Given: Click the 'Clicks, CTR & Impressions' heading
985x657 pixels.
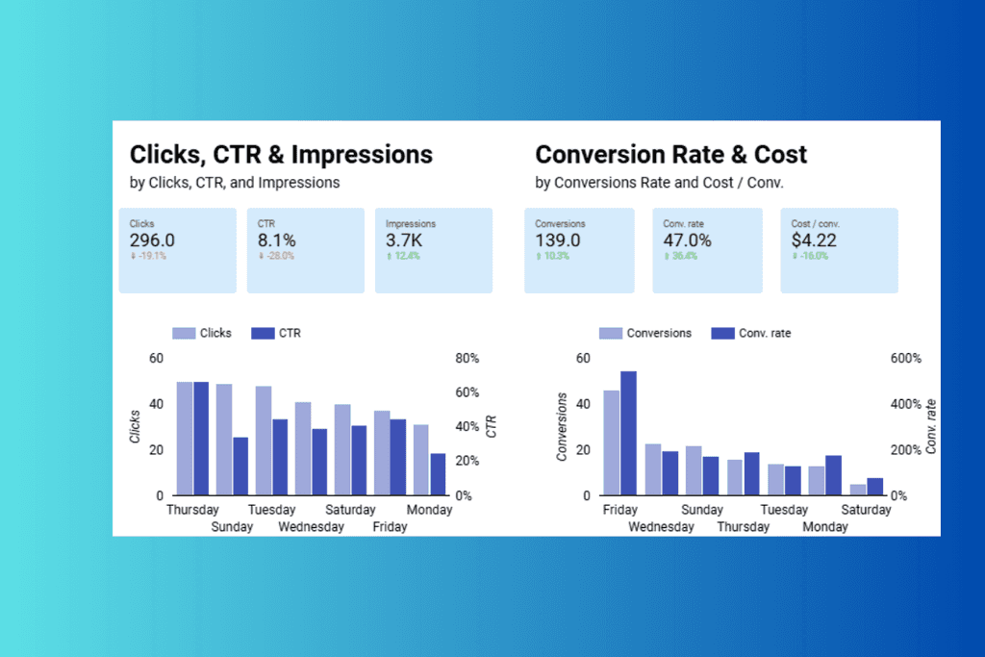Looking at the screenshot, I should coord(281,155).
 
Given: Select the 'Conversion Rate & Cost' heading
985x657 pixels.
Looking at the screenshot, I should coord(670,155).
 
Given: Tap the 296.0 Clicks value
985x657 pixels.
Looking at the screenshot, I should coord(152,240).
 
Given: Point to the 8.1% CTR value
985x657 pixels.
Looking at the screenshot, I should coord(277,240).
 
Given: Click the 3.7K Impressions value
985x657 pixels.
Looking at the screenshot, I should coord(405,240).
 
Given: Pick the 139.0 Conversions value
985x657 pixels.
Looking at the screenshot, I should coord(558,240).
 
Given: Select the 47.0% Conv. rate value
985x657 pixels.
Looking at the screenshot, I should coord(687,240).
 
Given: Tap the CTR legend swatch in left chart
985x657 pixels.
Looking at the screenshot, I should coord(263,333).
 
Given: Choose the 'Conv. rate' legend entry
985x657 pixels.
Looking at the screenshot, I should coord(764,333).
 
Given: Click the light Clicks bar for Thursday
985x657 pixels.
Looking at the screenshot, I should coord(184,439).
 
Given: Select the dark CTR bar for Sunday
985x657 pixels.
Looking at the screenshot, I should coord(240,467).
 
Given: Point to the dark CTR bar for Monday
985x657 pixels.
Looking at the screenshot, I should coord(438,474).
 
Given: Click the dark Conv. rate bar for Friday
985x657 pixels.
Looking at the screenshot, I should coord(628,433).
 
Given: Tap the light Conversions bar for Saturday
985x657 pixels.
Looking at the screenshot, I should coord(858,490).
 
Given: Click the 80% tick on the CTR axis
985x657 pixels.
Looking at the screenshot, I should coord(467,358).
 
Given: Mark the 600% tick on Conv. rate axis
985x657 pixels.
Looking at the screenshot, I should coord(905,358).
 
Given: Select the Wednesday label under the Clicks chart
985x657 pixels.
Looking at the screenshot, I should coord(312,527).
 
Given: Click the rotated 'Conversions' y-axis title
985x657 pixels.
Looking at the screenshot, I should coord(562,426).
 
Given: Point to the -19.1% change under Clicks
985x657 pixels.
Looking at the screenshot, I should coord(148,257).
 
